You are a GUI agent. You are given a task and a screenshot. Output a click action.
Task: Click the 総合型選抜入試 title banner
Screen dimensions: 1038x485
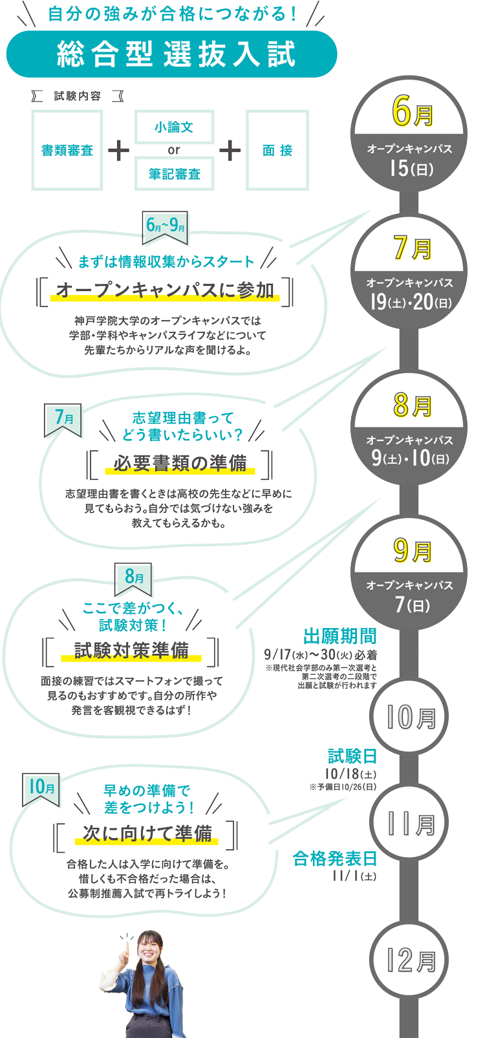click(171, 54)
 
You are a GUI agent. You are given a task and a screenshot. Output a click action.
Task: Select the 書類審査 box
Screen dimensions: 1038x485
click(67, 150)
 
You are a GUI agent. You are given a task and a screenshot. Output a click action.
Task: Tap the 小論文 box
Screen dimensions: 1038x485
click(174, 127)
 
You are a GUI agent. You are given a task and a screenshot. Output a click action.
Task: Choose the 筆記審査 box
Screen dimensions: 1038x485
click(174, 174)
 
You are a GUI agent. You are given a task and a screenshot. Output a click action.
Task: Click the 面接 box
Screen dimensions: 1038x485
click(277, 150)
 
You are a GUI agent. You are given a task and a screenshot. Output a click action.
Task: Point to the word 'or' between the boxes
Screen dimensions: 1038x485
click(174, 150)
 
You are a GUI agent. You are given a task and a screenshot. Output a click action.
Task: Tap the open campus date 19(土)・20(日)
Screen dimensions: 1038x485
click(410, 301)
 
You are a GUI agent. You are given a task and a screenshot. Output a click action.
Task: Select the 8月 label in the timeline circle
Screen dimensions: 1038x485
click(412, 405)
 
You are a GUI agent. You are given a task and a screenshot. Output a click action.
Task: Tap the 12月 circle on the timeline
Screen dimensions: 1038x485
click(411, 960)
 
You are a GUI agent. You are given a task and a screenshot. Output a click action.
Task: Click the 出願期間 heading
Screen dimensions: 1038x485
click(339, 637)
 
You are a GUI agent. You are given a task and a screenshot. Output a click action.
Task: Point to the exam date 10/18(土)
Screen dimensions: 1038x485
click(350, 773)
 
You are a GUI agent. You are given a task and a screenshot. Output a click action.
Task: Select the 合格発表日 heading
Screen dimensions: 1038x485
click(334, 859)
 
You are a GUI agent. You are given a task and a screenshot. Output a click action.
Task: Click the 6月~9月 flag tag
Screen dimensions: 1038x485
click(166, 226)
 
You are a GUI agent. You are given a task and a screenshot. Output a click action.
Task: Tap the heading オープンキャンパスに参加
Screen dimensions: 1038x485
click(166, 290)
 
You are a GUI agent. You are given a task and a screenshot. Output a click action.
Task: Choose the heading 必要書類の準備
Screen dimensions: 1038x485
click(180, 463)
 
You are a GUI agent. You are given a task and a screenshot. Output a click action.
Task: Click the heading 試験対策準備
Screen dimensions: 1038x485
click(131, 650)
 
